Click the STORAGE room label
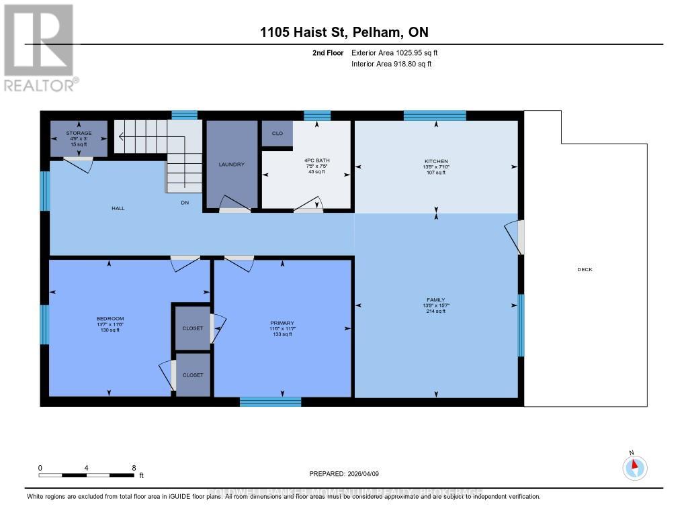79,133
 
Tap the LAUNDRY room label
231,164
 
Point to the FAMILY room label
435,300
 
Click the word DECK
585,270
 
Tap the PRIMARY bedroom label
282,324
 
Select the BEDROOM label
110,319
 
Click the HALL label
118,209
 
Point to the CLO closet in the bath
277,133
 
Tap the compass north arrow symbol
634,466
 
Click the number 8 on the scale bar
134,467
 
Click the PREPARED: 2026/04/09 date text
344,473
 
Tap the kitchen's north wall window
434,115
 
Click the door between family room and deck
518,237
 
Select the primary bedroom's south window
270,401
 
